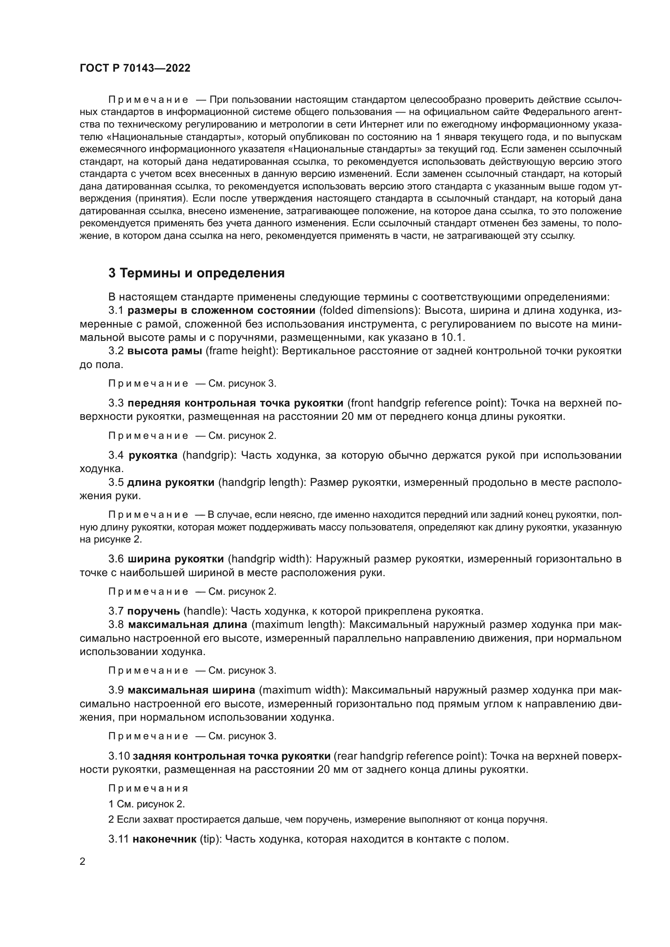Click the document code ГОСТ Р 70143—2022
click(135, 68)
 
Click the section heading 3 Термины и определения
click(196, 273)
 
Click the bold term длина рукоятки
click(171, 482)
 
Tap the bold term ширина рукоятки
click(176, 559)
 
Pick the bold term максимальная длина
click(187, 624)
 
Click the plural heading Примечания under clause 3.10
click(148, 788)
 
